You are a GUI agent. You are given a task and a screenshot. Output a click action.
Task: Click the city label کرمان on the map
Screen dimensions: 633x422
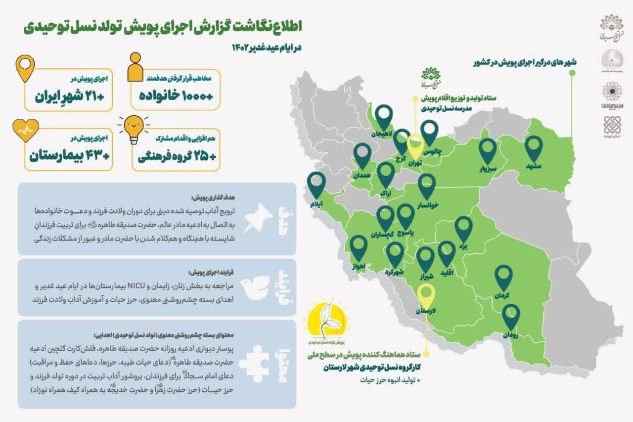[x=501, y=295]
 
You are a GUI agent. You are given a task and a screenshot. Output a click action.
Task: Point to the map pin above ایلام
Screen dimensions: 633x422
[x=316, y=184]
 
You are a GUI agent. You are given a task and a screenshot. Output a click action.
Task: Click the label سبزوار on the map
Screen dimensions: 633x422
[x=487, y=169]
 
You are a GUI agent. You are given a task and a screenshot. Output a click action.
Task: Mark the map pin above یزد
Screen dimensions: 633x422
[x=463, y=228]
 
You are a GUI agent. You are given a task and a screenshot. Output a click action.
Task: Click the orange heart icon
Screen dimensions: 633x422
[x=24, y=130]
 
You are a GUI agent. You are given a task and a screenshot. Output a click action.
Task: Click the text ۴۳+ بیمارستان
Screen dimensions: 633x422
[x=69, y=155]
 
